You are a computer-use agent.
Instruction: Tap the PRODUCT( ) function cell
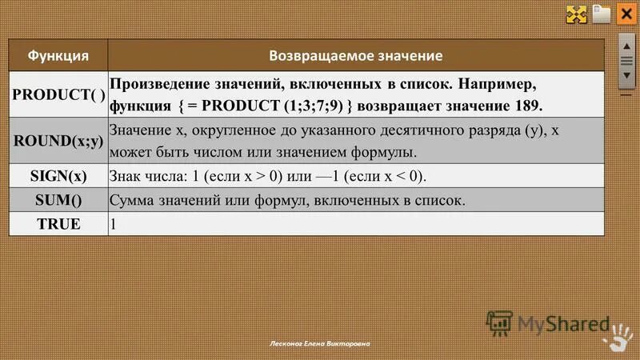point(58,94)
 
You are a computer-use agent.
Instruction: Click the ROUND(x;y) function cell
point(58,140)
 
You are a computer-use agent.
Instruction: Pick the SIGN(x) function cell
point(58,175)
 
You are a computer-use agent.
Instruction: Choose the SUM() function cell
point(58,199)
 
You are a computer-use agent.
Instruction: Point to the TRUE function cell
point(58,223)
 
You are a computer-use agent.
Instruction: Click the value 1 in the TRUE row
point(114,224)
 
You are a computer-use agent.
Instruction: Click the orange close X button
point(626,14)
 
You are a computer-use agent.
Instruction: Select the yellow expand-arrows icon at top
point(577,14)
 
